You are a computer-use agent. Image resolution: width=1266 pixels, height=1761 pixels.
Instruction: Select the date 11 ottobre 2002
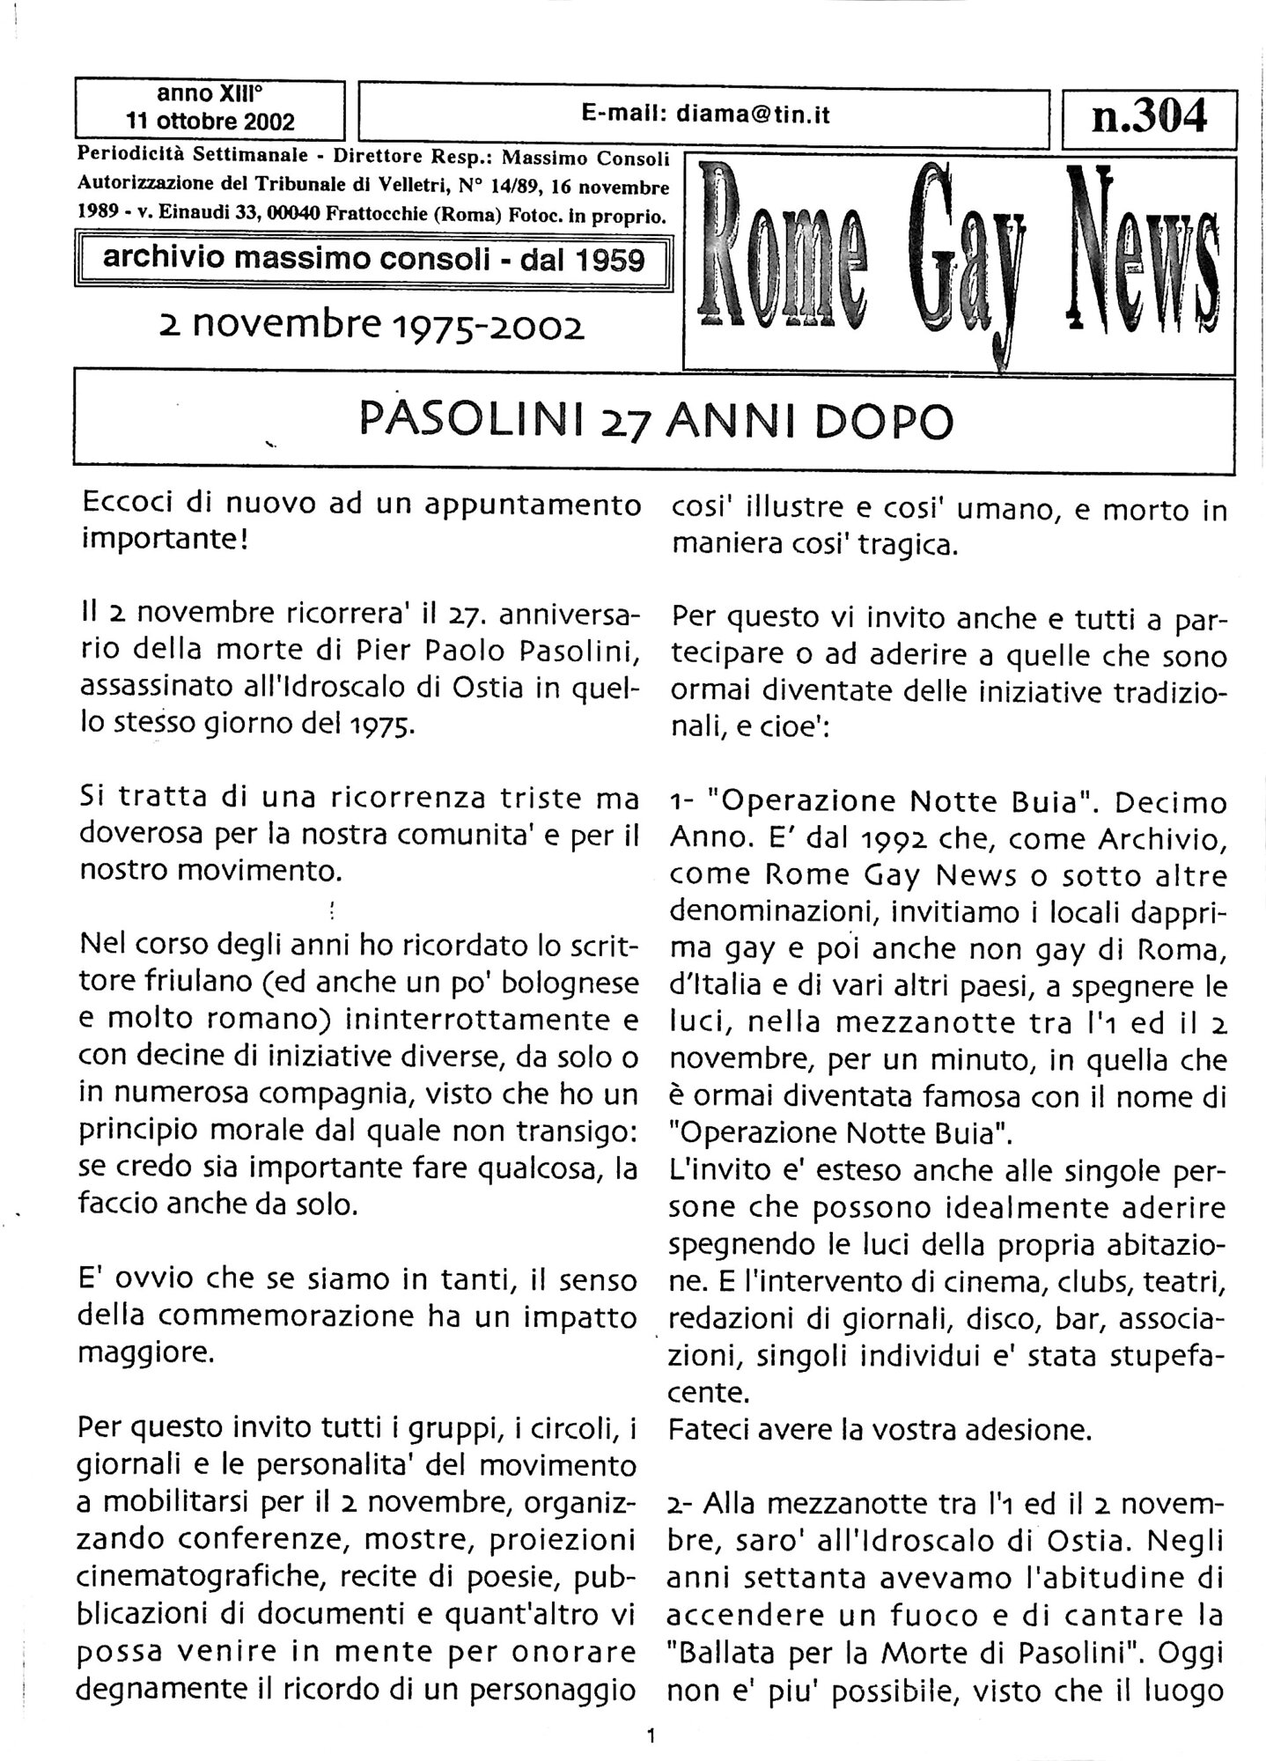pyautogui.click(x=210, y=121)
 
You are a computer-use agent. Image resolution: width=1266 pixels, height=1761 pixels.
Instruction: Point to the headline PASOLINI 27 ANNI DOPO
pyautogui.click(x=656, y=422)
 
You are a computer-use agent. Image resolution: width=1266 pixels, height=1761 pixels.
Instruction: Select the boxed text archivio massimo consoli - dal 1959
pyautogui.click(x=374, y=260)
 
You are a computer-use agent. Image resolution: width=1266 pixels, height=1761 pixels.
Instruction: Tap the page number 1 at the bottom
pyautogui.click(x=650, y=1736)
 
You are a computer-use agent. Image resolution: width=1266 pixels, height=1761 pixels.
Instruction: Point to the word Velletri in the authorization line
pyautogui.click(x=428, y=186)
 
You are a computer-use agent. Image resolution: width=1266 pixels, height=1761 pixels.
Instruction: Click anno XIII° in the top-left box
pyautogui.click(x=210, y=93)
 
